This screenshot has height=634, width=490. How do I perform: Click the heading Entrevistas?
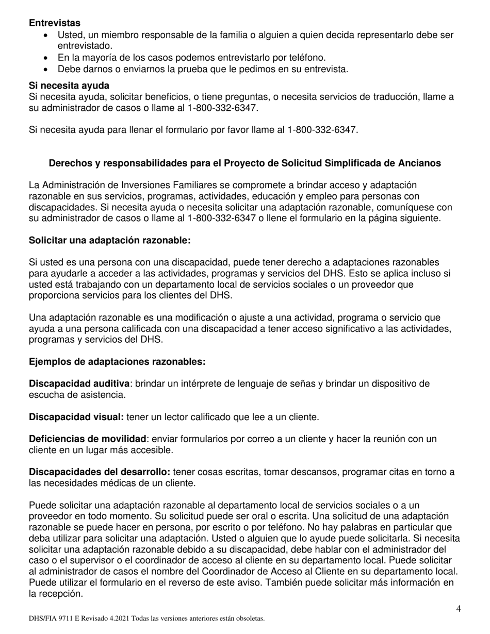(x=55, y=23)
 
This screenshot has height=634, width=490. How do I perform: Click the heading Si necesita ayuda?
(x=69, y=85)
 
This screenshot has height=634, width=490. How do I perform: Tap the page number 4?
(x=459, y=609)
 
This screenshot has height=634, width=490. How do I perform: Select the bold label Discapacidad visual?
(x=76, y=416)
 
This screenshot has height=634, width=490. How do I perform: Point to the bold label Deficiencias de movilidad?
(x=88, y=439)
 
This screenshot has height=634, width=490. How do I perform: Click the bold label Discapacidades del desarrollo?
(x=100, y=472)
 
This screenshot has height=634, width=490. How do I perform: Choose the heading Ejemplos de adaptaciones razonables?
(x=117, y=362)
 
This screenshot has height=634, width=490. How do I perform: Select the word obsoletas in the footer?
(x=249, y=618)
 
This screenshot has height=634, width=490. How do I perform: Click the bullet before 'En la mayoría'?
(x=47, y=58)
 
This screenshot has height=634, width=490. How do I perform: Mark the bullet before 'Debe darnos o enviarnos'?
(x=47, y=70)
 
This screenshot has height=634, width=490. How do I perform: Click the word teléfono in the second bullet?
(x=307, y=58)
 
